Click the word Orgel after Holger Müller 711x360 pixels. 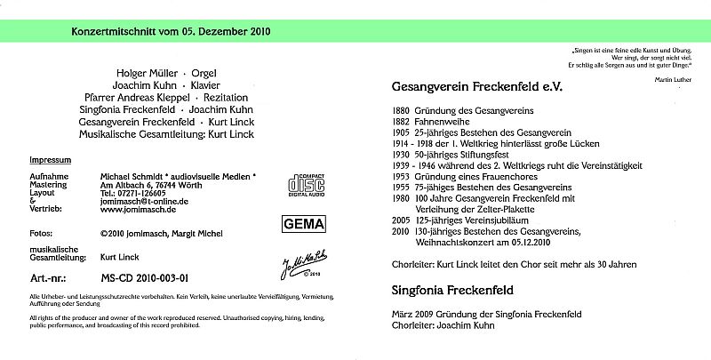point(204,71)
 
